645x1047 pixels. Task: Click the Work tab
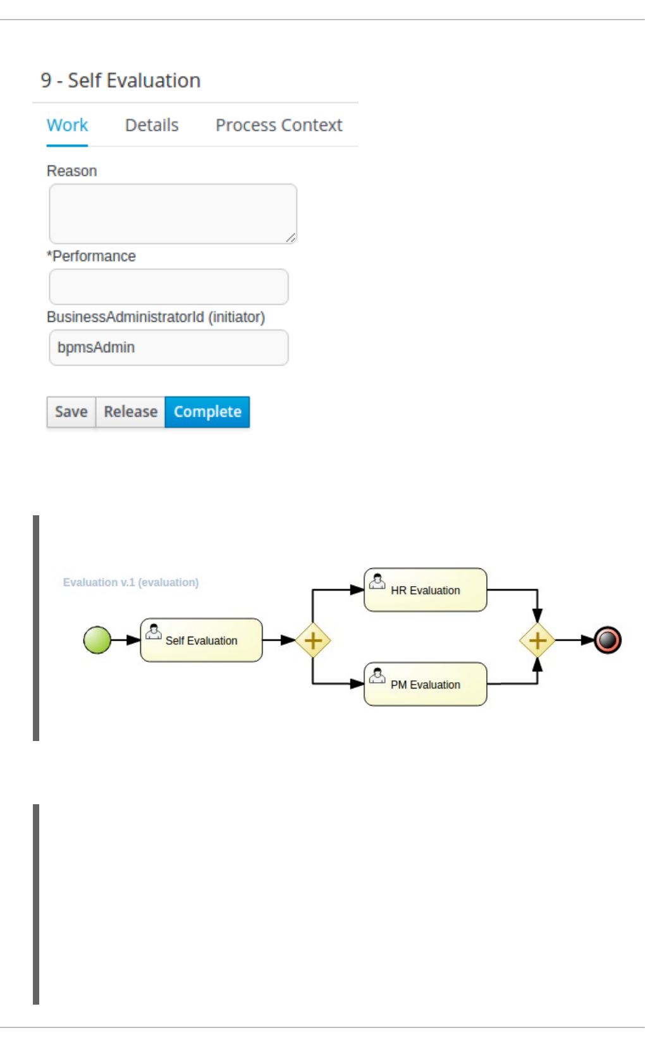pyautogui.click(x=67, y=125)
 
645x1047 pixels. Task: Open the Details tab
pyautogui.click(x=152, y=125)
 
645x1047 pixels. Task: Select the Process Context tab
pyautogui.click(x=279, y=125)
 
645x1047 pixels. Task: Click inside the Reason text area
pyautogui.click(x=173, y=214)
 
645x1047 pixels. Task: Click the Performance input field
pyautogui.click(x=169, y=286)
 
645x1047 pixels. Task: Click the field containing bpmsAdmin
pyautogui.click(x=169, y=347)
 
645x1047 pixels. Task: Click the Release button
pyautogui.click(x=130, y=412)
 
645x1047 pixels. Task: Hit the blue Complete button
pyautogui.click(x=207, y=412)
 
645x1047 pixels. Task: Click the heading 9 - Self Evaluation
pyautogui.click(x=121, y=80)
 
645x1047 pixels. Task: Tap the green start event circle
pyautogui.click(x=97, y=640)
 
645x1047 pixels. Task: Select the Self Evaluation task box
pyautogui.click(x=201, y=640)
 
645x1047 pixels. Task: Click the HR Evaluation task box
pyautogui.click(x=426, y=590)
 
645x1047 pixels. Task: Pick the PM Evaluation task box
pyautogui.click(x=426, y=684)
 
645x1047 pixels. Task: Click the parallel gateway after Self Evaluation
pyautogui.click(x=313, y=640)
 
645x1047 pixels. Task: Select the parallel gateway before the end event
pyautogui.click(x=537, y=640)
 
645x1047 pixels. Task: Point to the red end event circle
pyautogui.click(x=608, y=640)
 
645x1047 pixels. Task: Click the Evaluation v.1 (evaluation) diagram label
pyautogui.click(x=131, y=582)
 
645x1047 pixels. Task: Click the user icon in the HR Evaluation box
pyautogui.click(x=378, y=581)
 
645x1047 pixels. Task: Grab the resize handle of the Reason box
pyautogui.click(x=291, y=238)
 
